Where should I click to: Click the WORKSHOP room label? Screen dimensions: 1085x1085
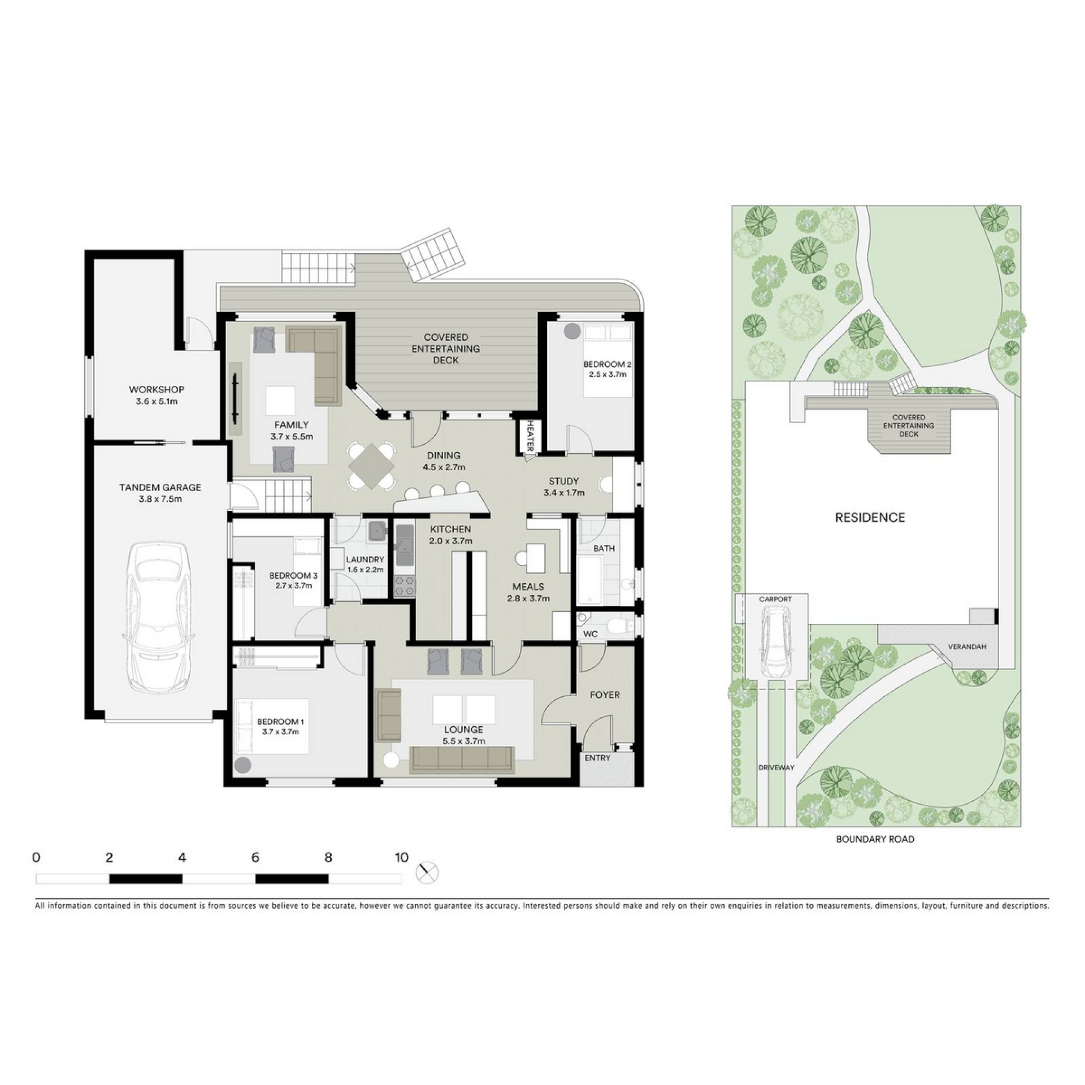(157, 389)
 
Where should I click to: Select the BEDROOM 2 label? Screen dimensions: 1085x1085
(607, 364)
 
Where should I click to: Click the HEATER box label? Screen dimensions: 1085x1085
(531, 435)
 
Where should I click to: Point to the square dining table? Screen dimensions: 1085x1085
(371, 466)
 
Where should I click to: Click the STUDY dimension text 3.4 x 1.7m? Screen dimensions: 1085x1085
(564, 493)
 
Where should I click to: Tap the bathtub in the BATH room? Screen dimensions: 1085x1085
(590, 580)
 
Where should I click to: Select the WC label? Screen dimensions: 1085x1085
(591, 634)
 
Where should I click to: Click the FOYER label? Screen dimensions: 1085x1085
(605, 695)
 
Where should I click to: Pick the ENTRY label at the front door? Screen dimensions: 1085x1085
(597, 758)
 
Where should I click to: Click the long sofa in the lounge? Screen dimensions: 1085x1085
(462, 759)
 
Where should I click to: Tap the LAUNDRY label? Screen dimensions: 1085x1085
(365, 559)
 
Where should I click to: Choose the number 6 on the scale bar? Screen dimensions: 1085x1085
(255, 857)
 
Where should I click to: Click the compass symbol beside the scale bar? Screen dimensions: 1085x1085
(427, 872)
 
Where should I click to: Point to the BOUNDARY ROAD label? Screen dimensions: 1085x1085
(875, 839)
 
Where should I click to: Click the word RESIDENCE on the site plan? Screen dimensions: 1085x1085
(870, 517)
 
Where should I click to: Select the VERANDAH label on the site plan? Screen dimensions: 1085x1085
(967, 646)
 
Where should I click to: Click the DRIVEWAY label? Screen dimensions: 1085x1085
(776, 767)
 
